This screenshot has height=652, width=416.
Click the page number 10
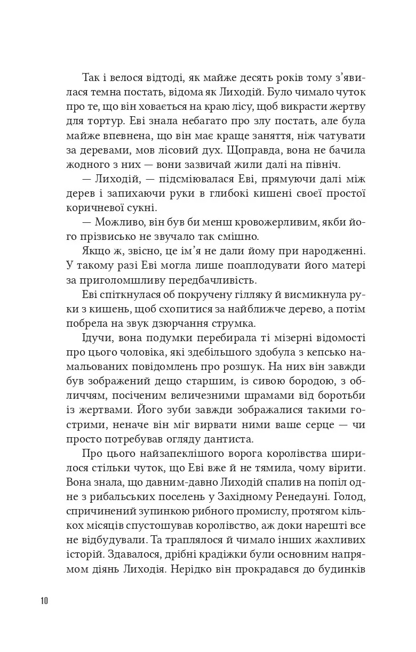pyautogui.click(x=44, y=601)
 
